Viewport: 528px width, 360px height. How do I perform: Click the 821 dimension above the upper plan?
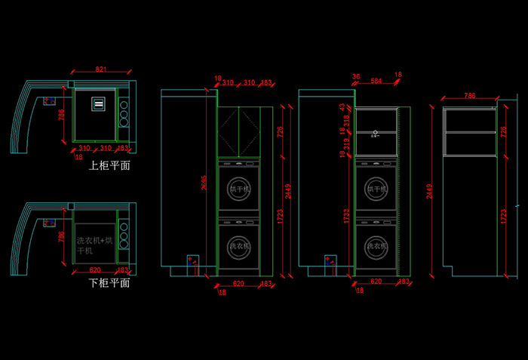(100, 69)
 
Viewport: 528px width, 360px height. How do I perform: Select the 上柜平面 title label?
(109, 165)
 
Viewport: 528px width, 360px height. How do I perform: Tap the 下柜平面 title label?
(109, 283)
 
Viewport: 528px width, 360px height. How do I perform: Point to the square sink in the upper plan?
(100, 105)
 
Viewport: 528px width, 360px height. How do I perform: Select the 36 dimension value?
(355, 75)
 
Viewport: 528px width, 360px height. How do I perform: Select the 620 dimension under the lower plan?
(96, 269)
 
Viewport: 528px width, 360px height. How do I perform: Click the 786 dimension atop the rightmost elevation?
(469, 96)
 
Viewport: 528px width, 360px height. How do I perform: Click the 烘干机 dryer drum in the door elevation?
(238, 189)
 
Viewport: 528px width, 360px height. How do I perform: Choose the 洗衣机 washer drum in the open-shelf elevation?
(375, 246)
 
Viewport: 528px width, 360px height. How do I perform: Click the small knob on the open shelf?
(375, 134)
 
